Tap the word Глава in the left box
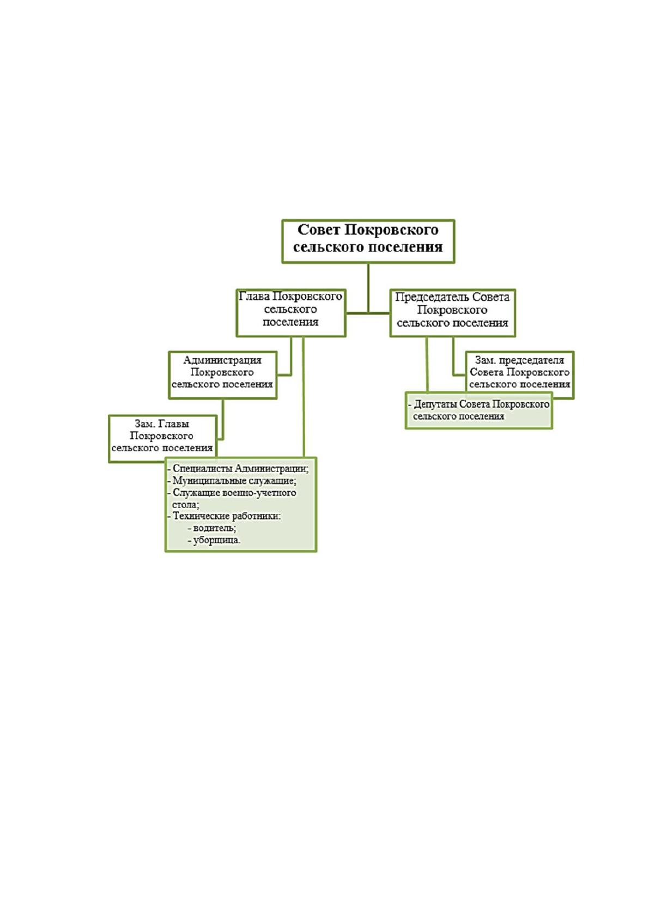pyautogui.click(x=254, y=297)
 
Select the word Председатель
pyautogui.click(x=432, y=297)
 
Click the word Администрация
pyautogui.click(x=222, y=360)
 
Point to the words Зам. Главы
pyautogui.click(x=162, y=424)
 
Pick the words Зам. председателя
pyautogui.click(x=519, y=360)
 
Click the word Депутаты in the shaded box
pyautogui.click(x=435, y=404)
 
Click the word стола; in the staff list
pyautogui.click(x=186, y=504)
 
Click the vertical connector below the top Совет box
pyautogui.click(x=368, y=288)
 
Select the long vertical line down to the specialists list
pyautogui.click(x=303, y=397)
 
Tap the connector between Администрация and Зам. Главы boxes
pyautogui.click(x=222, y=419)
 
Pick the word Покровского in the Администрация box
pyautogui.click(x=222, y=372)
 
